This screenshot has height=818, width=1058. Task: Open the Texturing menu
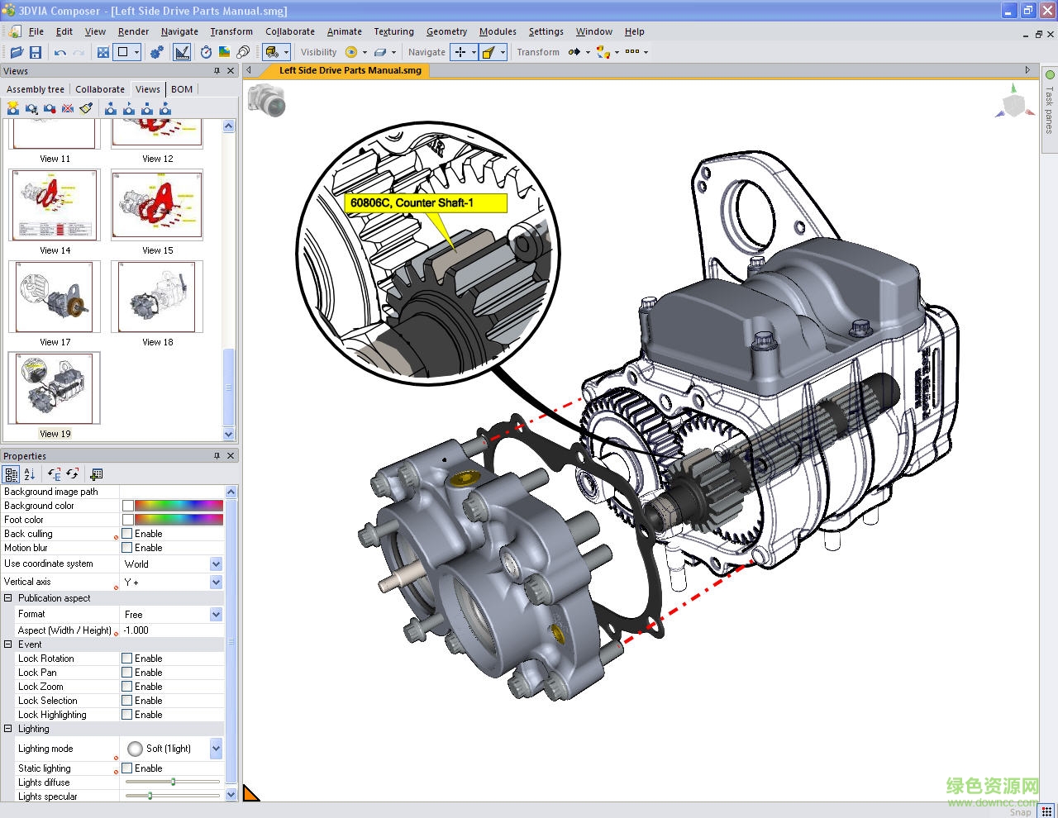(x=393, y=31)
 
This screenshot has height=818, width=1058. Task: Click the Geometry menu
(x=446, y=31)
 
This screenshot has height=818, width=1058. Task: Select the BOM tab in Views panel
(x=182, y=89)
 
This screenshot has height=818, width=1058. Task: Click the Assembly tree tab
(x=36, y=89)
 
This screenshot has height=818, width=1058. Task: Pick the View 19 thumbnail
(x=55, y=388)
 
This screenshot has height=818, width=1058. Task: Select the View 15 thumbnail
(x=157, y=205)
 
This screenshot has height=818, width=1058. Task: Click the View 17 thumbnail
(x=55, y=297)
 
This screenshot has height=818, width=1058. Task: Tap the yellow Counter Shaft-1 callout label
(x=425, y=202)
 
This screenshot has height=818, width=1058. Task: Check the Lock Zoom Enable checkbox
(x=127, y=687)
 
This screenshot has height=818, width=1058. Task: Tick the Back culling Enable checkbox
(x=127, y=534)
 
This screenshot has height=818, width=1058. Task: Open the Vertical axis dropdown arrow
(x=216, y=583)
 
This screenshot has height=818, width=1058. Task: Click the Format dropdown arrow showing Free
(x=216, y=615)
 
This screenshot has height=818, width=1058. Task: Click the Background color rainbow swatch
(x=179, y=506)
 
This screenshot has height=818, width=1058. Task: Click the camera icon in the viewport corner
(x=266, y=99)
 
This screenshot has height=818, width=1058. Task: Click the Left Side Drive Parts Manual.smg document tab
(x=350, y=70)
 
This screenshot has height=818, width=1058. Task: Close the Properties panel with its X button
(x=231, y=456)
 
